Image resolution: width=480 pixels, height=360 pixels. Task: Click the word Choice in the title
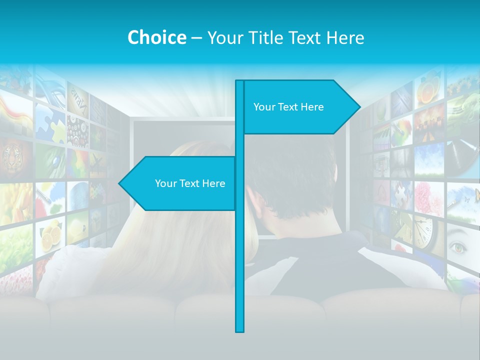coord(156,37)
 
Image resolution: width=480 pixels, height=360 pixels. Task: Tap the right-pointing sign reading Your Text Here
coord(295,107)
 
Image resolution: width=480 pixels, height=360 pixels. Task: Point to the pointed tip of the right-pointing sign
coord(359,107)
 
